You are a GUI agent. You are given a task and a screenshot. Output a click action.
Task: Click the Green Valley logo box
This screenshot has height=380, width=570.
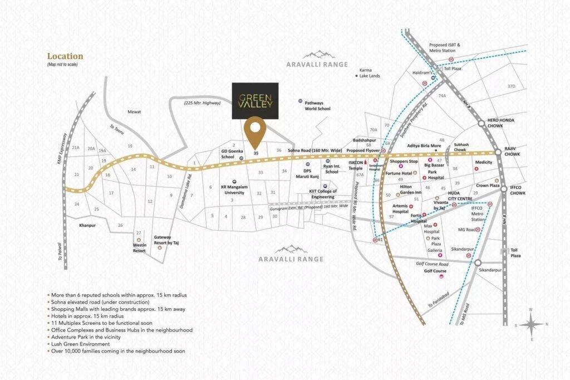pyautogui.click(x=255, y=101)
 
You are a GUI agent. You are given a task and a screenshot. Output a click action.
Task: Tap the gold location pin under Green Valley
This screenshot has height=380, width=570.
pyautogui.click(x=255, y=130)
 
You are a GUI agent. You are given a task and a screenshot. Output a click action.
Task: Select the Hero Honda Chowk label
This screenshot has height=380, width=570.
pyautogui.click(x=500, y=123)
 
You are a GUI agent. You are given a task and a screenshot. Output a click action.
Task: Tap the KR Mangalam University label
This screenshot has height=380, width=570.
pyautogui.click(x=233, y=190)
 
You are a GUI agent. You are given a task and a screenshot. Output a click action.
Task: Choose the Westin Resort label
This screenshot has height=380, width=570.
pyautogui.click(x=139, y=247)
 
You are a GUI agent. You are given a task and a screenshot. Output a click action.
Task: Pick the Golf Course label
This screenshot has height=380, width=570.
pyautogui.click(x=435, y=271)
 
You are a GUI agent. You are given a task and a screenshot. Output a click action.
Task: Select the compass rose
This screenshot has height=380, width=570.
pyautogui.click(x=532, y=324)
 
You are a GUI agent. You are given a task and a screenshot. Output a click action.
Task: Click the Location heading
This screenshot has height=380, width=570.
pyautogui.click(x=65, y=56)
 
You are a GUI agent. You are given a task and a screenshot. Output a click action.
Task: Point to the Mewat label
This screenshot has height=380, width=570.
pyautogui.click(x=134, y=111)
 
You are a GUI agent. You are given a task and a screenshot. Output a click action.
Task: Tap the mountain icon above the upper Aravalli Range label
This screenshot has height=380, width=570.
pyautogui.click(x=318, y=55)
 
